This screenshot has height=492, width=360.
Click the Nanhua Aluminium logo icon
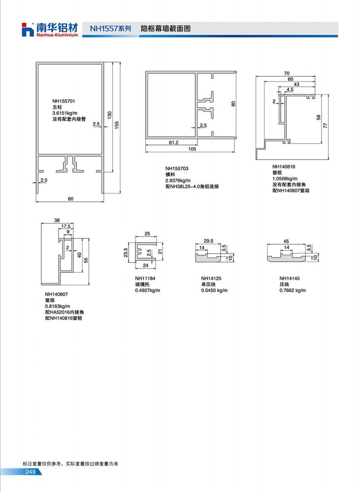coord(27,30)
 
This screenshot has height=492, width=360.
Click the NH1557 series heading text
coord(110,29)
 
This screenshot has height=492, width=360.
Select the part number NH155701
coord(64,101)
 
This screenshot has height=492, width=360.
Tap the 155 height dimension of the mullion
coord(117,125)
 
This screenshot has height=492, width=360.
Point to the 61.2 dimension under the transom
coord(173,142)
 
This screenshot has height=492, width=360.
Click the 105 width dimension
coord(192,149)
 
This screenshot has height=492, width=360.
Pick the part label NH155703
coord(177,168)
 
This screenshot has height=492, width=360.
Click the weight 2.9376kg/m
coord(178,180)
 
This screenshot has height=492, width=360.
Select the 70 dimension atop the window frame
coord(287,73)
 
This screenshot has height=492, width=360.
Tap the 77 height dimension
coord(326,125)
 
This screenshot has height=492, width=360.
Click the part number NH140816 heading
coord(284,166)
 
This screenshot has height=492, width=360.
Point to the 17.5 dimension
coord(66,226)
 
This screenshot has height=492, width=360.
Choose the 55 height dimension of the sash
coord(86,260)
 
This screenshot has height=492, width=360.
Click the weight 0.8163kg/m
coord(58,306)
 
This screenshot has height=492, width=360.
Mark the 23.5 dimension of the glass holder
coord(126,252)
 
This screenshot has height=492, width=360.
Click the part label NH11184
coord(145,278)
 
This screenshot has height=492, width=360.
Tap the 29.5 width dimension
coord(208,241)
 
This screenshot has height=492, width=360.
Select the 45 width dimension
coord(286,241)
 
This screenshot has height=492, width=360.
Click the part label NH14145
coord(290,278)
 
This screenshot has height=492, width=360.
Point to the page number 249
coord(31,472)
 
